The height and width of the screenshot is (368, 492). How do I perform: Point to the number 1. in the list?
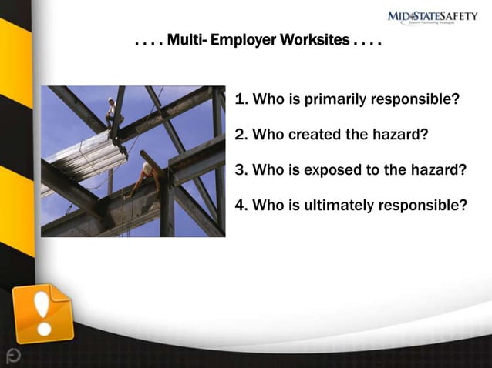240,100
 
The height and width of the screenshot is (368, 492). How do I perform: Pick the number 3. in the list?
240,170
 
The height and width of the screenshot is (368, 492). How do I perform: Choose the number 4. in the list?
240,206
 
